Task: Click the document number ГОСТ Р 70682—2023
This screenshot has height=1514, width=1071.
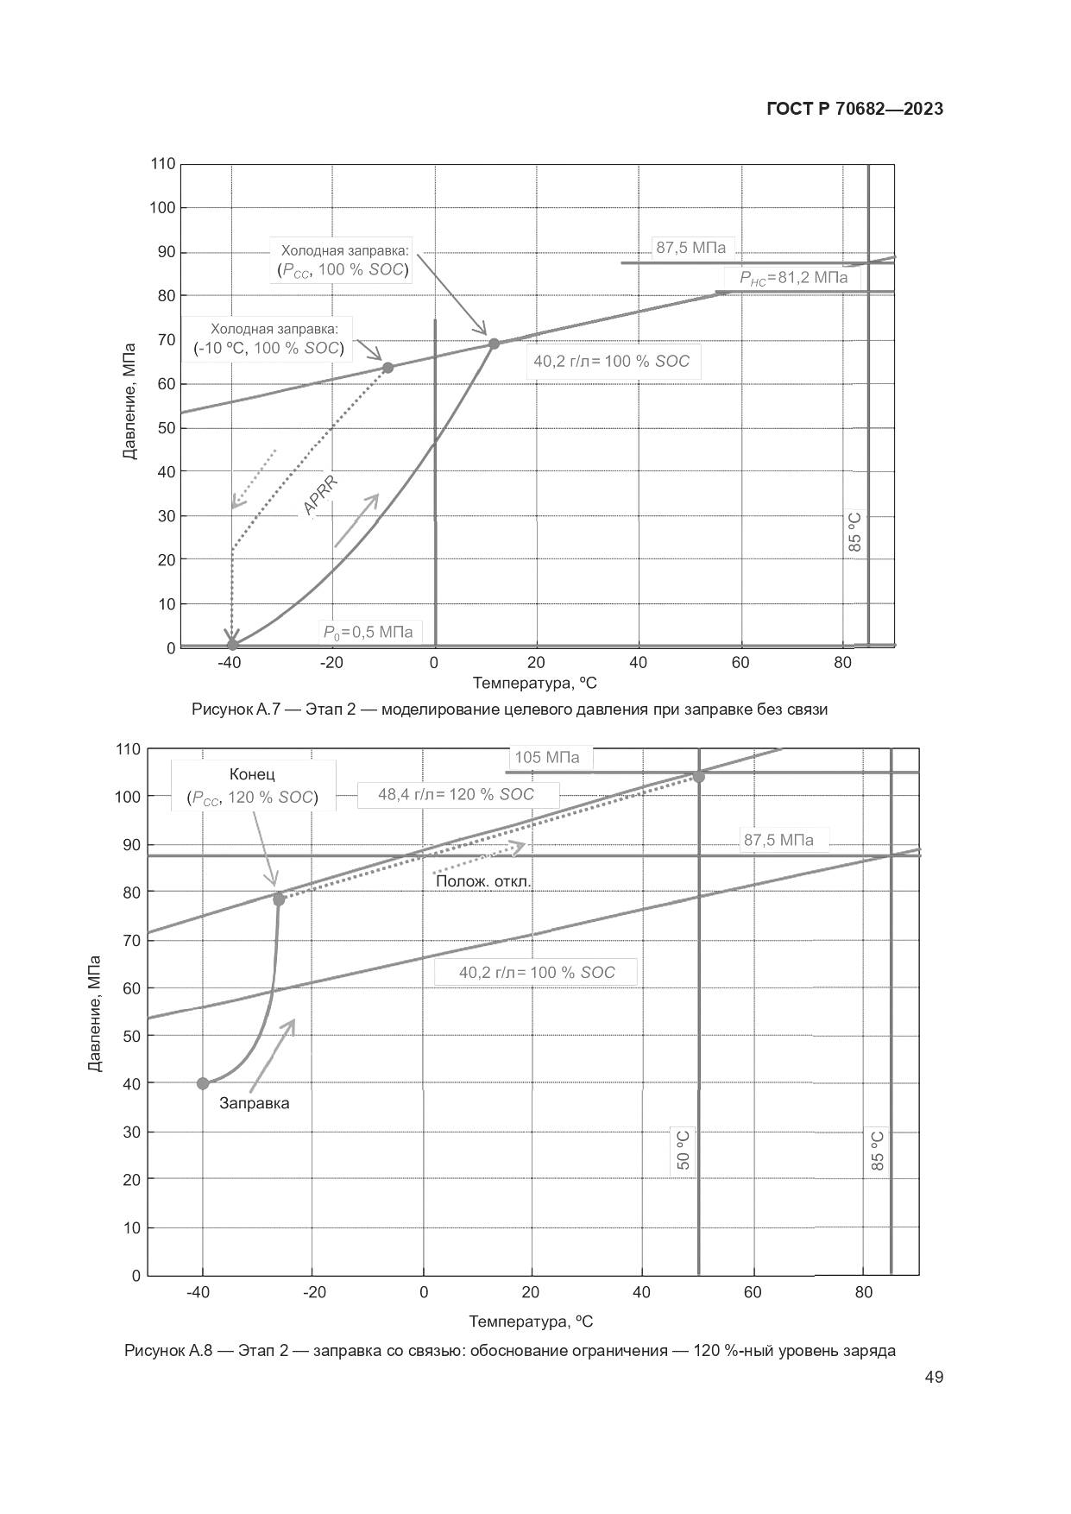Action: [854, 109]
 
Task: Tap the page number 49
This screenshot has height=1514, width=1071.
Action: [933, 1377]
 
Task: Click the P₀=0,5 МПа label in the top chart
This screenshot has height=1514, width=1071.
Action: [368, 632]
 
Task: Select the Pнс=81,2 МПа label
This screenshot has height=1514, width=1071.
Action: [793, 278]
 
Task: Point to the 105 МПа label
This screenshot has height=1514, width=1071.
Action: [547, 758]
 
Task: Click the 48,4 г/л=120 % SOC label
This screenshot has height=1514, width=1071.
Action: [457, 794]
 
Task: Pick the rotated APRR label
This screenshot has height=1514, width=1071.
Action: [320, 495]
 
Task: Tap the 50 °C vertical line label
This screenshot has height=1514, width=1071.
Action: [684, 1150]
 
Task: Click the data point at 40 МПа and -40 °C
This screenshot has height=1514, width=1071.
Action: [203, 1083]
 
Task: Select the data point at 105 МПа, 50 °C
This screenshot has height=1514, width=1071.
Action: [698, 777]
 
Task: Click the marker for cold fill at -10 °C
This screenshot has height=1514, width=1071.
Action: [387, 368]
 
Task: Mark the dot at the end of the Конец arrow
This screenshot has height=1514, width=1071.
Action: [279, 899]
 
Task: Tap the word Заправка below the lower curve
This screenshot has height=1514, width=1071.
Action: [254, 1103]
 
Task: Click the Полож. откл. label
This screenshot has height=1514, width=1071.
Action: [483, 881]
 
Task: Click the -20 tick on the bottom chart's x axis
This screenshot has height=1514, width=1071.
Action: [314, 1292]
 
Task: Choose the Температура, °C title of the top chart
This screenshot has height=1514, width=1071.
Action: [534, 684]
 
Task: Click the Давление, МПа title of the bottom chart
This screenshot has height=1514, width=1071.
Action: [95, 1012]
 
